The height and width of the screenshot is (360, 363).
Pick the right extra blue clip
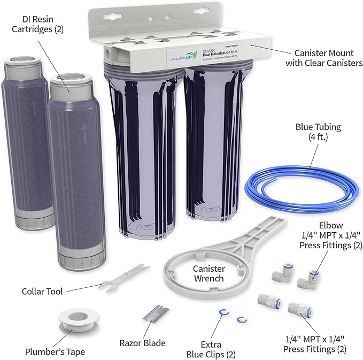241,319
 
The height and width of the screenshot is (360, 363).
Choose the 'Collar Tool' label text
42,292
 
